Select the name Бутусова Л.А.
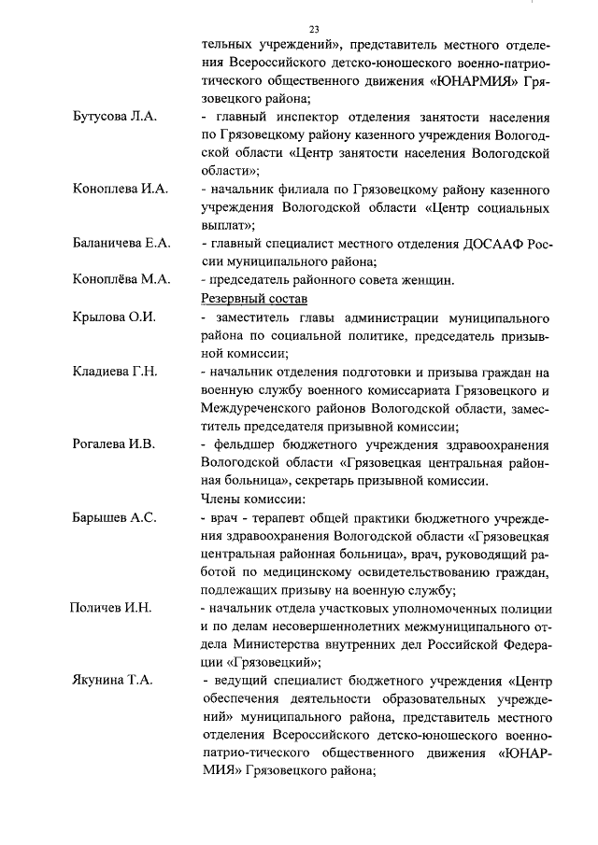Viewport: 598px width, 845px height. click(116, 117)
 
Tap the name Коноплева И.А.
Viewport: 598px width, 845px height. click(120, 190)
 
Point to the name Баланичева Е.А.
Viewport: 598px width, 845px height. click(121, 244)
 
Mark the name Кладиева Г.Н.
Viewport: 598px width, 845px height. click(116, 372)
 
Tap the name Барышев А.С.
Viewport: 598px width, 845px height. click(114, 517)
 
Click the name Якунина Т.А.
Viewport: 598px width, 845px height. click(112, 682)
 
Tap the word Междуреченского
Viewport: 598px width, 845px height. click(255, 408)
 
